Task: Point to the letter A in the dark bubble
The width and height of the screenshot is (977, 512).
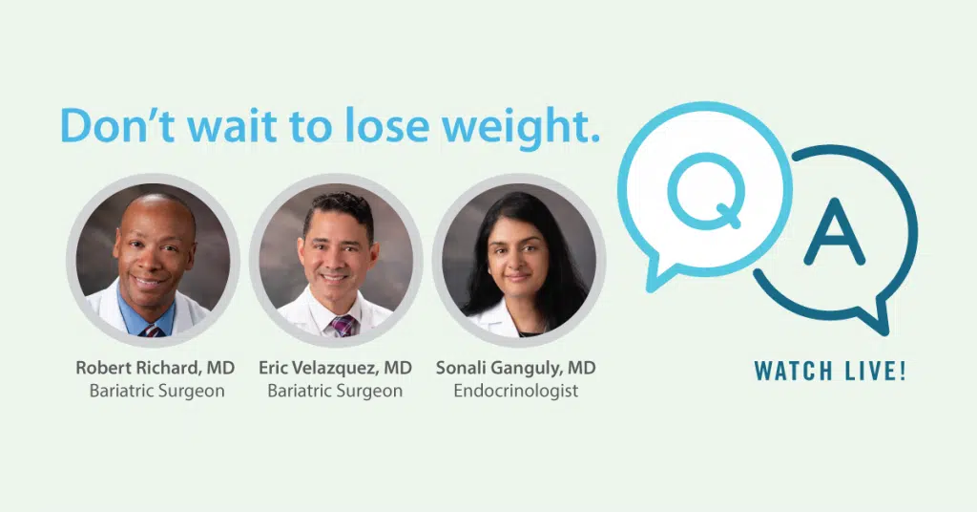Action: tap(834, 232)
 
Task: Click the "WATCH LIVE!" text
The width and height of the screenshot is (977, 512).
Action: tap(830, 371)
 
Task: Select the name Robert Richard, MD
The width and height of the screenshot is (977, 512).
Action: tap(156, 368)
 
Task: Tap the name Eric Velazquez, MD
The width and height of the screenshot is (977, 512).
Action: tap(335, 368)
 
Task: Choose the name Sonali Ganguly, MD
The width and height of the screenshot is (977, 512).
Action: tap(516, 369)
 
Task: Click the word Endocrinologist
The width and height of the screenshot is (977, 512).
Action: tap(516, 391)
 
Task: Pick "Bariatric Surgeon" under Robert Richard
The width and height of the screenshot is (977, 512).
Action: tap(157, 391)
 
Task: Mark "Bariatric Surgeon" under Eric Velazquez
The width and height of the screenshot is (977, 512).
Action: tap(335, 391)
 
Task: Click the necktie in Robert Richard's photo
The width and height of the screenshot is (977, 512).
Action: tap(152, 331)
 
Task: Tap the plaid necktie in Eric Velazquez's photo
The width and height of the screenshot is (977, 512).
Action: tap(343, 326)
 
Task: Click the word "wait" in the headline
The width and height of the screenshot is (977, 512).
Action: tap(232, 125)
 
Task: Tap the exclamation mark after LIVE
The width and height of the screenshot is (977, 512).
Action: tap(903, 371)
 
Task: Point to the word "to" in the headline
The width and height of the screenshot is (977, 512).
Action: tap(311, 127)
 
